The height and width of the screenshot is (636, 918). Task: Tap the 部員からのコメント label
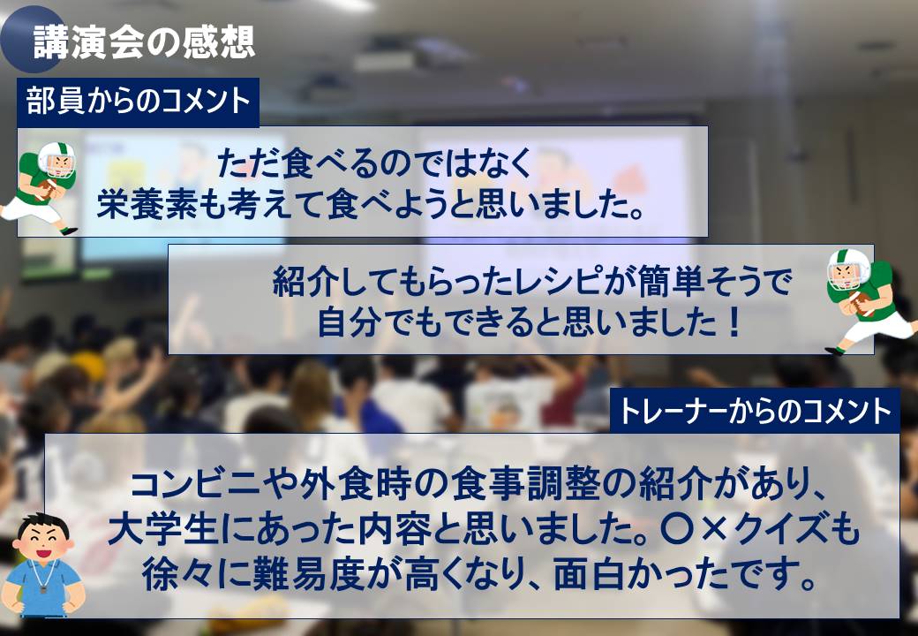pyautogui.click(x=139, y=102)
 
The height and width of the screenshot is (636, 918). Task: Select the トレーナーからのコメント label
pyautogui.click(x=756, y=411)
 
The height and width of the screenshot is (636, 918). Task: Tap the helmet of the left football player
pyautogui.click(x=56, y=159)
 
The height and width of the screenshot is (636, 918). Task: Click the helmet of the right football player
pyautogui.click(x=848, y=269)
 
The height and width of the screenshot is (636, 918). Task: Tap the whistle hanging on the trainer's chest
pyautogui.click(x=43, y=588)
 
